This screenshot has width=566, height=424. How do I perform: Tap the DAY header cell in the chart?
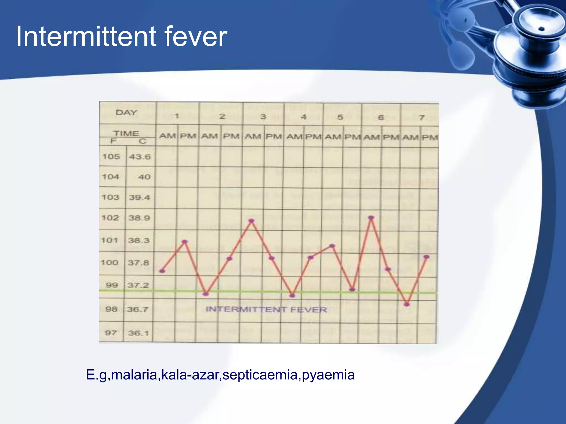coord(126,113)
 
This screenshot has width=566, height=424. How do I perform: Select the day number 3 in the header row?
coord(263,116)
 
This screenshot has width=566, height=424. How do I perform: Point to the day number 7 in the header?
coord(421,118)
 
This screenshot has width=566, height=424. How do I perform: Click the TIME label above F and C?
coord(127,133)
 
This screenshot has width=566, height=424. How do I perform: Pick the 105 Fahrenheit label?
coord(111,157)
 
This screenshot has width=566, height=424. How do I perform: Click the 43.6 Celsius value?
coord(140,157)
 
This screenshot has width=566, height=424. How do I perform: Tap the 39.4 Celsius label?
coord(139,197)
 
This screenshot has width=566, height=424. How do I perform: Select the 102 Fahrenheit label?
coord(110,218)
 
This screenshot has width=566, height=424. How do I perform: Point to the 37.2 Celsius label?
coord(138,285)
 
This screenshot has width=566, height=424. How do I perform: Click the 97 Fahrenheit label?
coord(111,333)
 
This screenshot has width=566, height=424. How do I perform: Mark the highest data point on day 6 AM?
coord(371,218)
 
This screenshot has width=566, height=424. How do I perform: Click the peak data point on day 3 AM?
coord(251,221)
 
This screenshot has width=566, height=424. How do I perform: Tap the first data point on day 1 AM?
coord(163,271)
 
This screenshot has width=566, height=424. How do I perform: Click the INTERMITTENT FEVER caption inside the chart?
coord(266,309)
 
